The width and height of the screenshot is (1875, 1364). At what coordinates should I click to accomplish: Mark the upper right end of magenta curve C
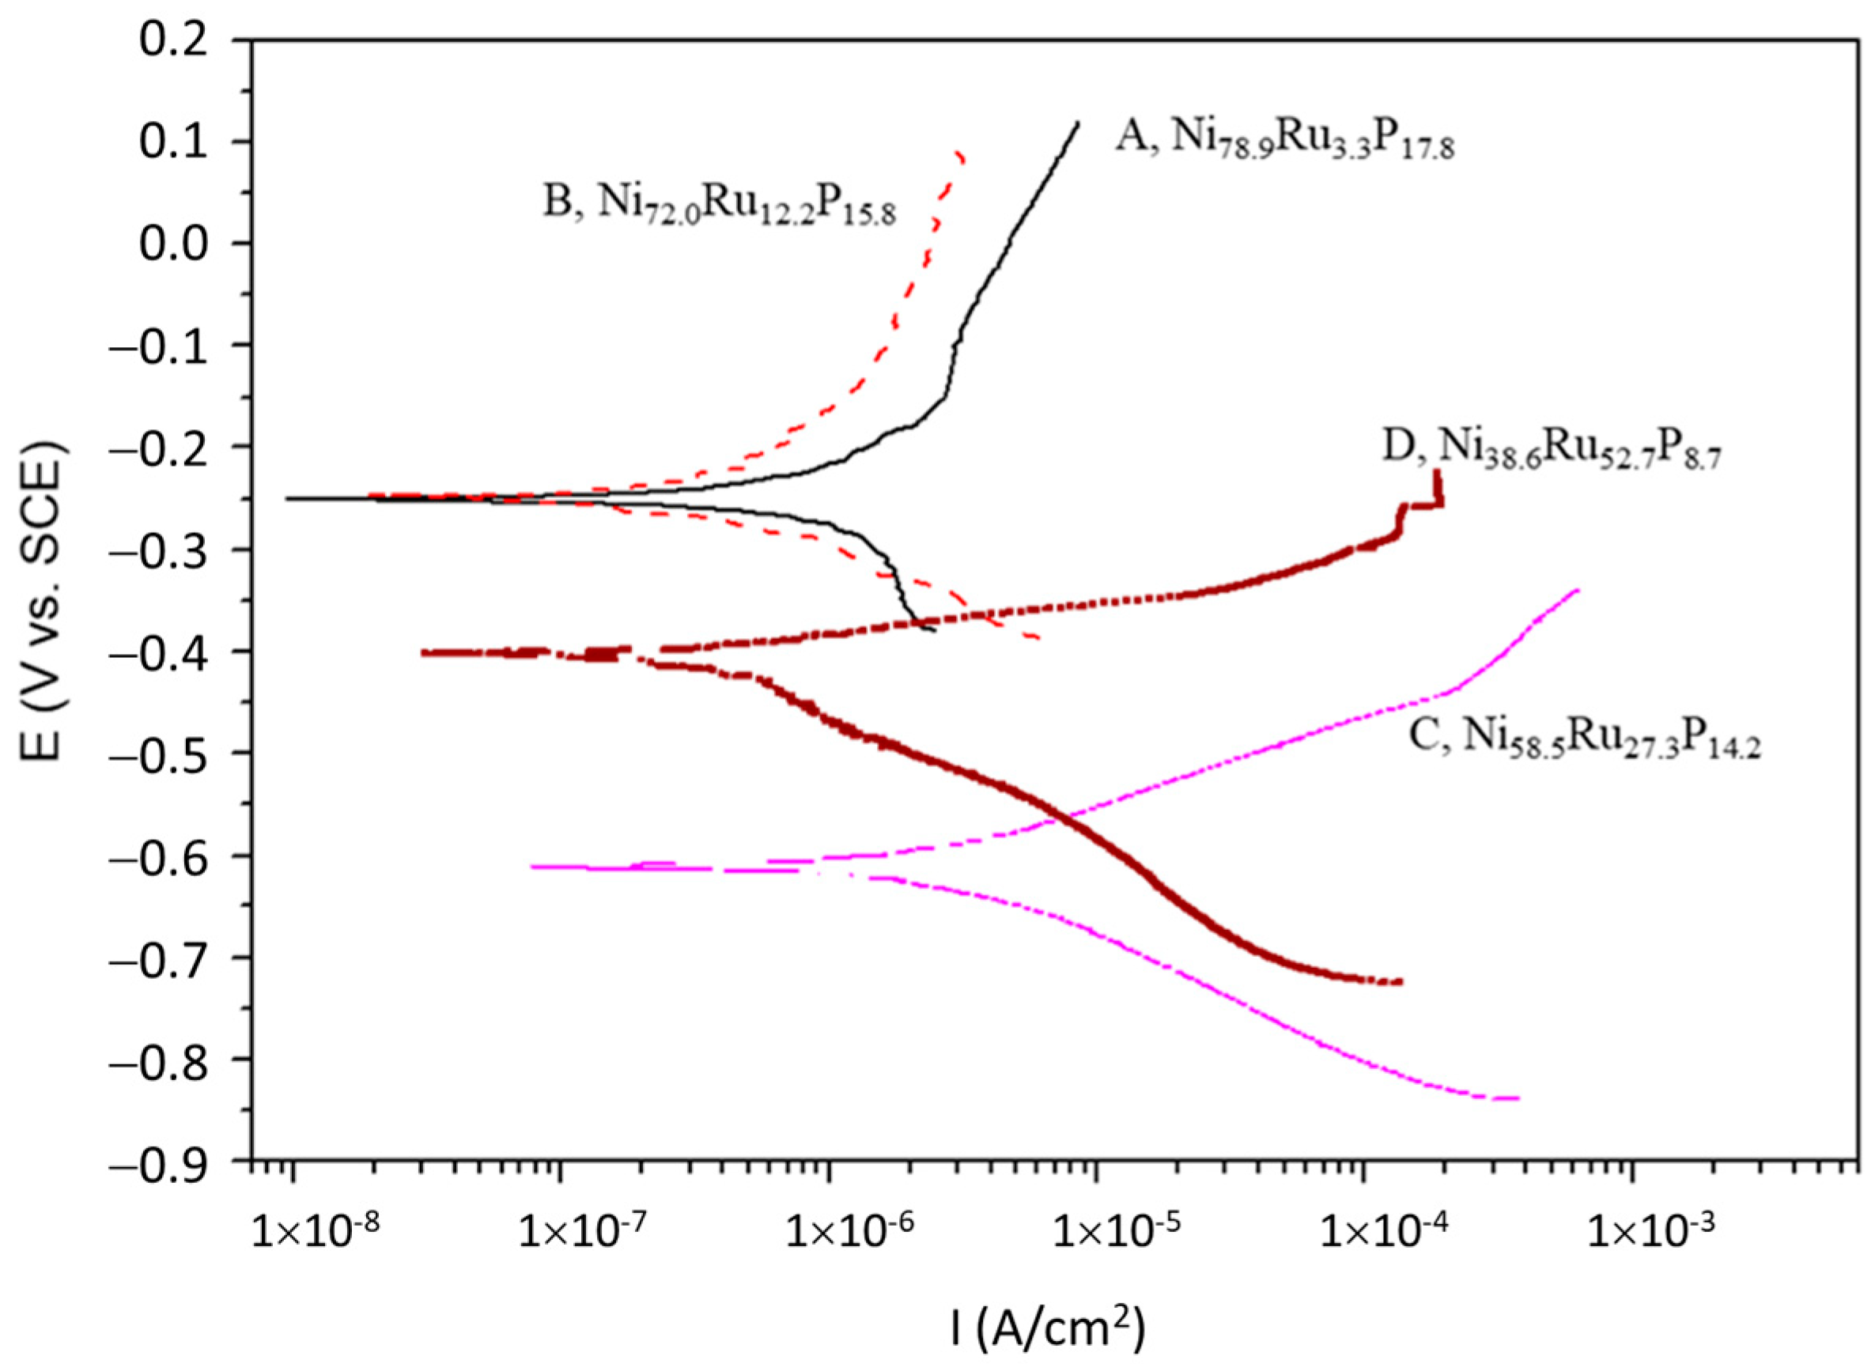coord(1578,590)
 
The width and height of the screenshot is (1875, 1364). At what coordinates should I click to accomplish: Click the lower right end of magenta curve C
coord(1518,1098)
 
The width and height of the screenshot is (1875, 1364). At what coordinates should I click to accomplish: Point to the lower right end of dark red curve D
coord(1401,981)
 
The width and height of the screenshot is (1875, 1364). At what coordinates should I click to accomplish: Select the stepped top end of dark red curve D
coord(1438,473)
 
